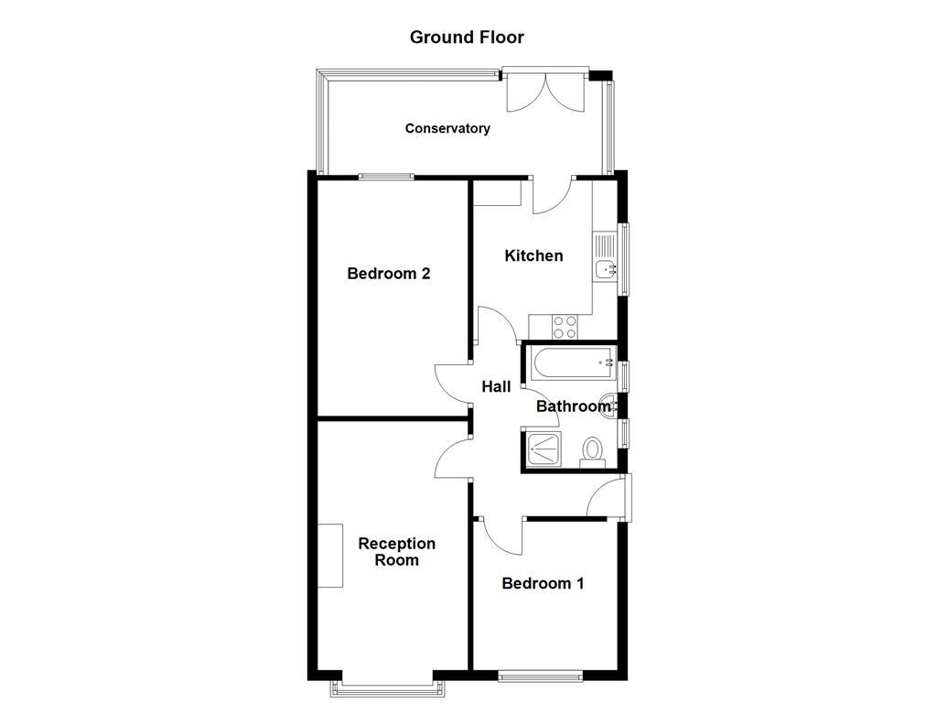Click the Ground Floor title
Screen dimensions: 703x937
click(467, 38)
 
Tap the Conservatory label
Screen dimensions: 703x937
click(447, 129)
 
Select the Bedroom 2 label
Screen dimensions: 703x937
click(389, 274)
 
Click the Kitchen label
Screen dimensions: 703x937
click(533, 255)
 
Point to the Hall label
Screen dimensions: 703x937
click(496, 387)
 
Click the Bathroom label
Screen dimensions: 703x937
click(573, 406)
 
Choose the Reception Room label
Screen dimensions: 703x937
click(396, 552)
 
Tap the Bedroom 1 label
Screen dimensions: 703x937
click(543, 583)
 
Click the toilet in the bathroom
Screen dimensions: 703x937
click(593, 450)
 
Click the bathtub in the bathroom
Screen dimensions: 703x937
click(572, 363)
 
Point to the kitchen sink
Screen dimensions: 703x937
click(604, 268)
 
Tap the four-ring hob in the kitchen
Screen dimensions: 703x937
click(565, 327)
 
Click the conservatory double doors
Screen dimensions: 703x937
click(545, 92)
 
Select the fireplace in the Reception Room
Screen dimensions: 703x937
click(330, 556)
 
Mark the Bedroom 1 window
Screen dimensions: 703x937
click(541, 676)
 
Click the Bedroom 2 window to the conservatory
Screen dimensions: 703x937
click(384, 177)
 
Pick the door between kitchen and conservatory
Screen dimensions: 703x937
click(552, 194)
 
